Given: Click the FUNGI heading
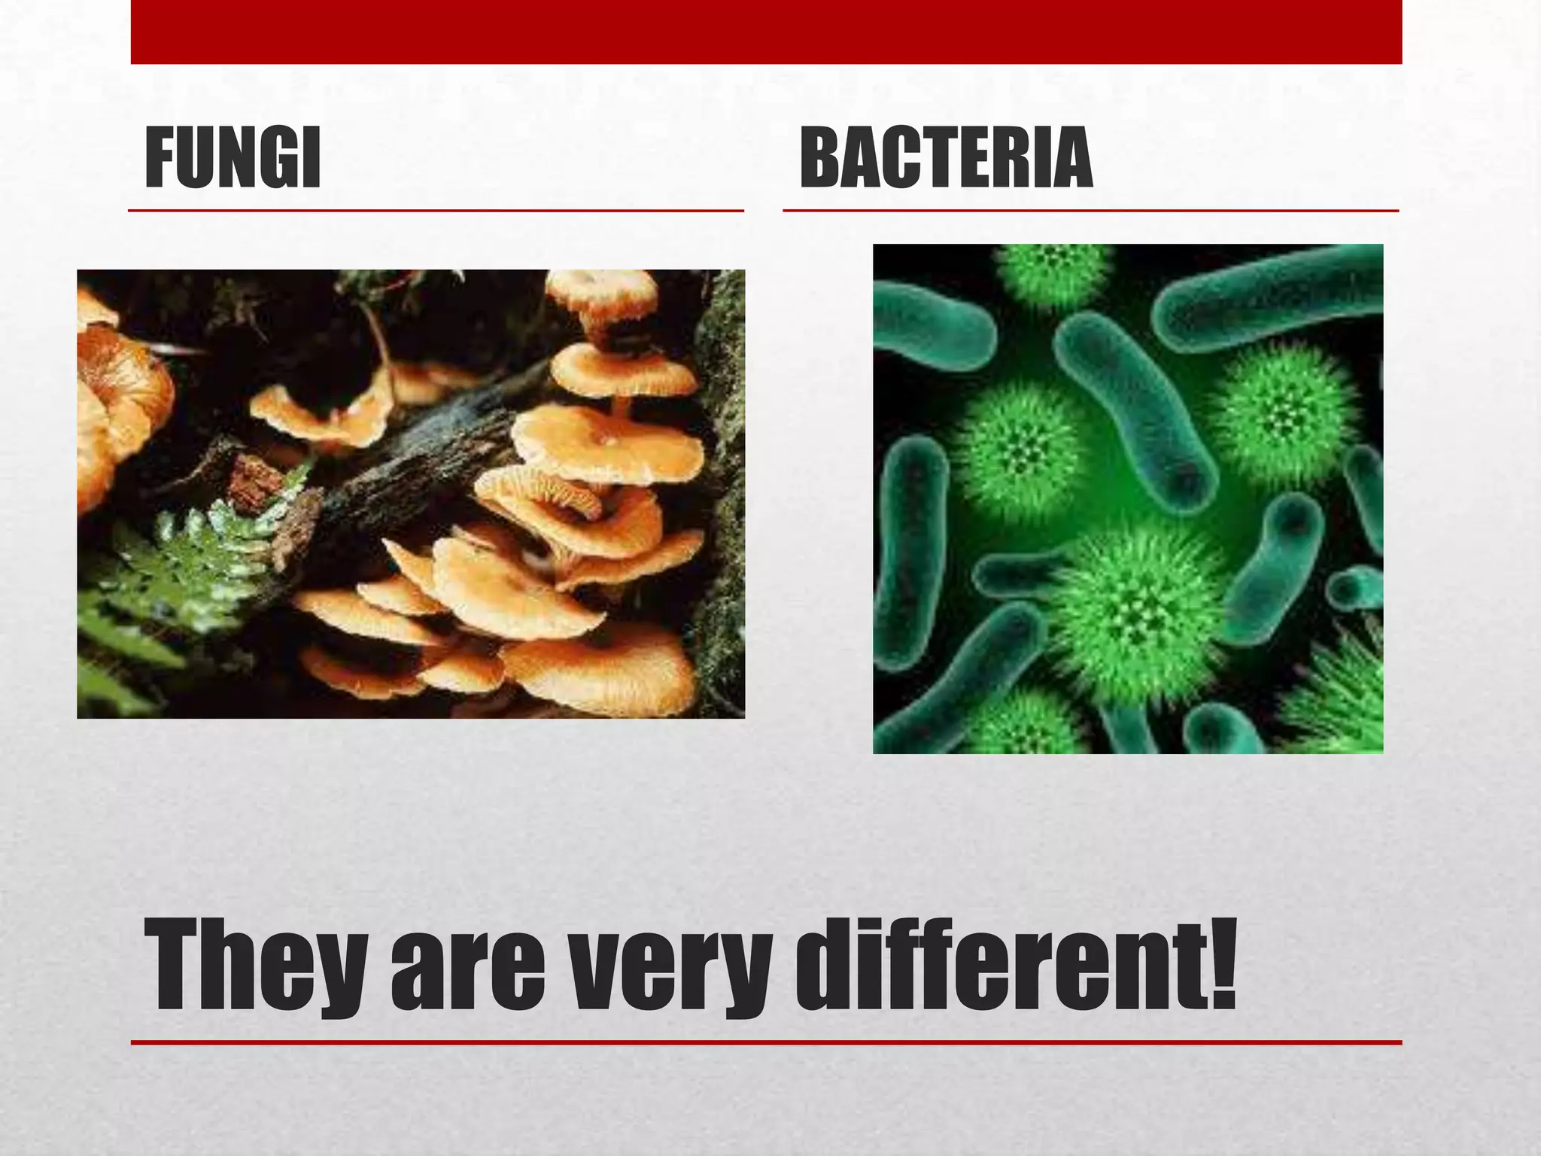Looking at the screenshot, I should [233, 159].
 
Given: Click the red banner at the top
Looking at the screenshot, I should [766, 32].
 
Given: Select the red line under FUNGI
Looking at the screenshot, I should [436, 211].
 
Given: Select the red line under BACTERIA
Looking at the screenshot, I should [1090, 211].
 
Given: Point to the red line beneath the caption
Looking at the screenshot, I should [766, 1042].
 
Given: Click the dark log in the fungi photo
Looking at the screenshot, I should [421, 452].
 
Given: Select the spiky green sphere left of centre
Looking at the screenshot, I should [1020, 452].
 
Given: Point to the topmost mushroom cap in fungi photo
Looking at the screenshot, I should [602, 290].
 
